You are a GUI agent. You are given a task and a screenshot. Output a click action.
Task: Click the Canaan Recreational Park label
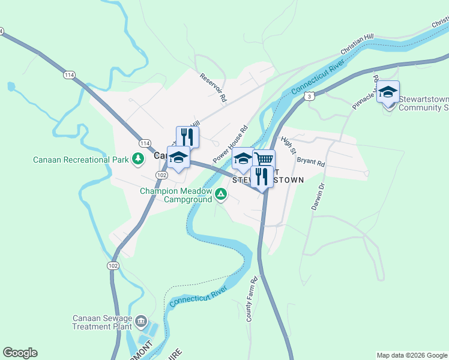coord(81,160)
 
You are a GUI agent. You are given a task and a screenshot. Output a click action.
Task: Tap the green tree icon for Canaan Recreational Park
coord(139,159)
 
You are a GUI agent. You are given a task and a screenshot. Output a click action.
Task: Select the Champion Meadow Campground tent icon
coord(221,194)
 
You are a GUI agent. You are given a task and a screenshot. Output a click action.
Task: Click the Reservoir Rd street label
coord(214,87)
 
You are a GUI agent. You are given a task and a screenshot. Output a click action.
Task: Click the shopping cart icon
coord(264,159)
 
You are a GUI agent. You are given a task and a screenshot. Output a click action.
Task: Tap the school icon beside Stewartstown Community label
coord(388,91)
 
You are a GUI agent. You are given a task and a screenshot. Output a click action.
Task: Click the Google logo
coord(20,353)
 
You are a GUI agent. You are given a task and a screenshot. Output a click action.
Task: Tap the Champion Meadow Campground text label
coord(176,195)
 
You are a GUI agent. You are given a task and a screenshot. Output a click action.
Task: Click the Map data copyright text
coord(412,355)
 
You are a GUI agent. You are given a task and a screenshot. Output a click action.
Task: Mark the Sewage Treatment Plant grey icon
coord(141,321)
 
